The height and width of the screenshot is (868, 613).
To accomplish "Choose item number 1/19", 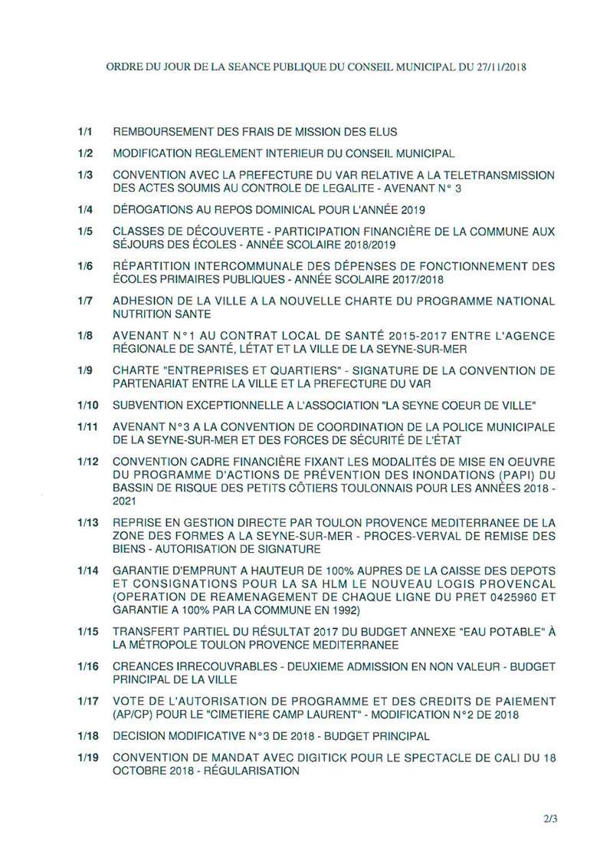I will (x=87, y=757).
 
